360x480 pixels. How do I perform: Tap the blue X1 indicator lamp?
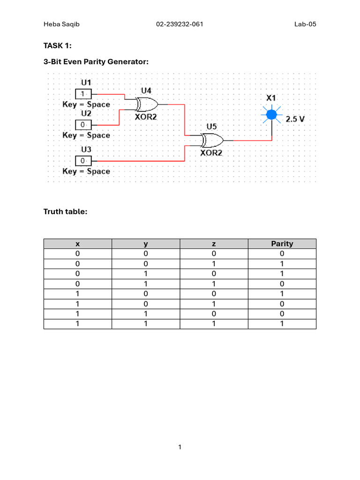point(271,114)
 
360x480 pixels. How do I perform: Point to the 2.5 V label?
point(295,119)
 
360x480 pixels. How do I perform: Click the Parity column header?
point(282,244)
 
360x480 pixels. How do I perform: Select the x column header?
point(77,244)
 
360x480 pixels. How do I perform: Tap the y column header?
point(145,244)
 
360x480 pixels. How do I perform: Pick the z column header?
point(214,244)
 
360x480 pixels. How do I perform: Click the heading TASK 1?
point(58,45)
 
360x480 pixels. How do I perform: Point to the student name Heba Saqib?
point(61,24)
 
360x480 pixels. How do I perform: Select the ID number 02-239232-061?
point(180,24)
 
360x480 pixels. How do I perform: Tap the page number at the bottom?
point(180,447)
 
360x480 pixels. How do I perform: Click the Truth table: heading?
point(65,212)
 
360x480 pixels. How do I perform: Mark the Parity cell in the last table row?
point(282,324)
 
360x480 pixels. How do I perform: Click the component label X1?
point(271,98)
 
